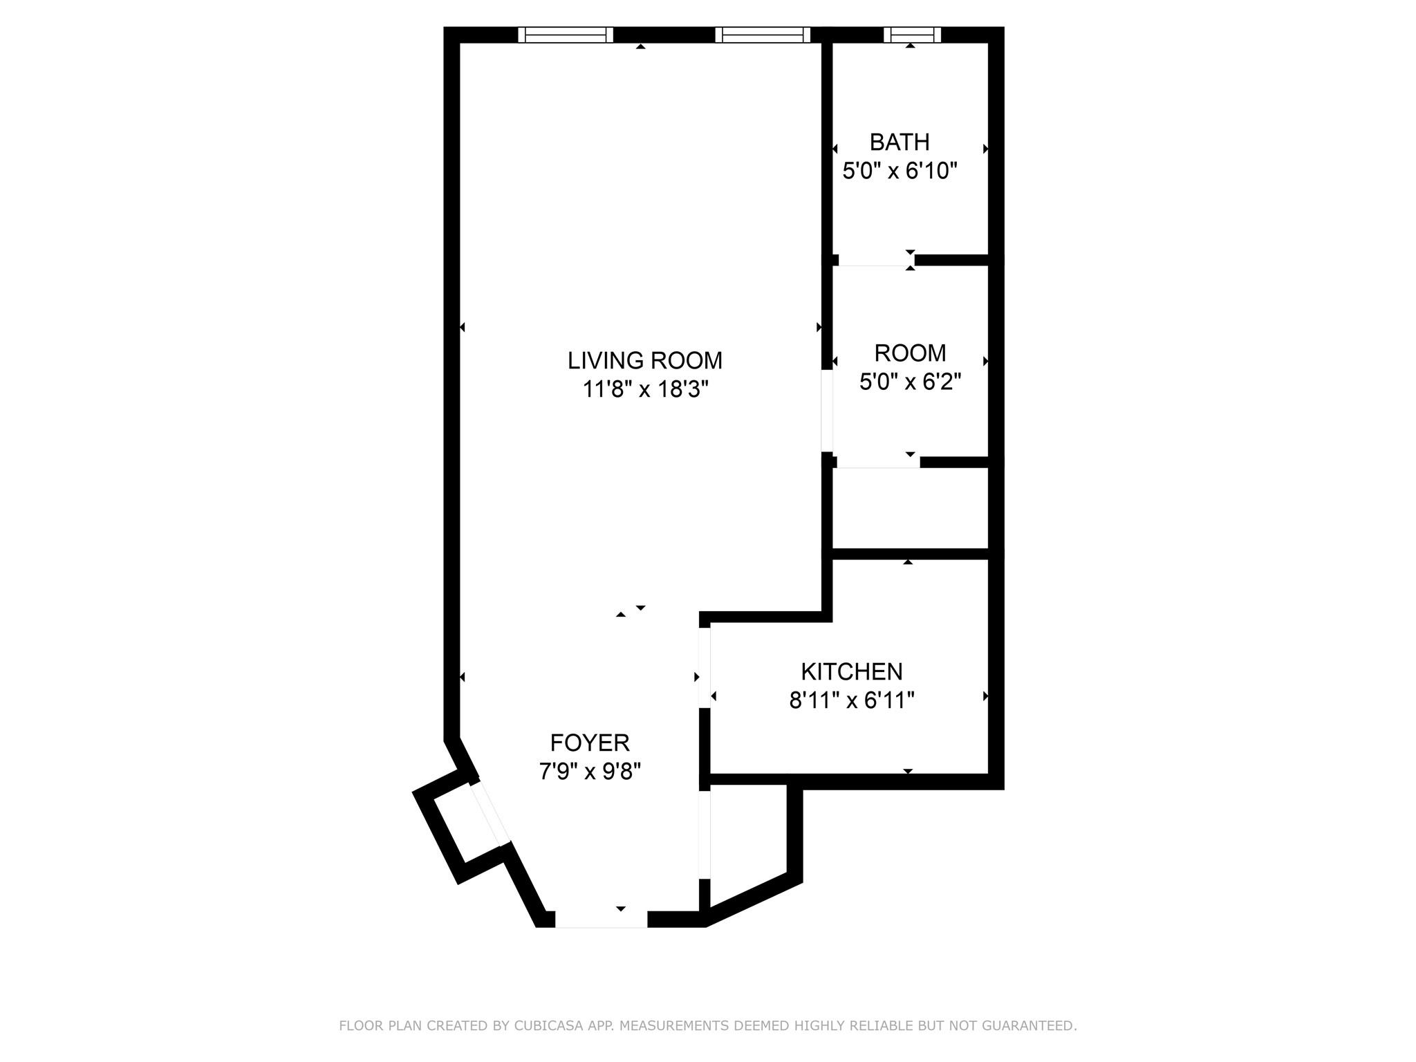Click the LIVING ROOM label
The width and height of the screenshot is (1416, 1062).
[x=644, y=360]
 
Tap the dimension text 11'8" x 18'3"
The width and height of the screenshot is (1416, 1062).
[x=646, y=390]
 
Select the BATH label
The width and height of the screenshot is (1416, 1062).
[x=899, y=142]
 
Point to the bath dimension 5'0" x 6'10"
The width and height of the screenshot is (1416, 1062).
[x=899, y=171]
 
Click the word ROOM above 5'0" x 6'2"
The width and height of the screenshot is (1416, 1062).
[x=910, y=353]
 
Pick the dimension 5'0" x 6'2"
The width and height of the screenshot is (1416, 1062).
[x=910, y=382]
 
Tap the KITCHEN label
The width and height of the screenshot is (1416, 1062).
[x=852, y=671]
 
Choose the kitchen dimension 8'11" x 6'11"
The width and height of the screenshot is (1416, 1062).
[x=852, y=701]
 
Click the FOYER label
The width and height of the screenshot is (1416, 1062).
[x=590, y=743]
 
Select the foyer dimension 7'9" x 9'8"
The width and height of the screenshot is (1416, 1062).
[x=590, y=772]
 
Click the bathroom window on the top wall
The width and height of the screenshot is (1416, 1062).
[x=913, y=35]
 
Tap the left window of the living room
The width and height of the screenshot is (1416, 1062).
[x=566, y=35]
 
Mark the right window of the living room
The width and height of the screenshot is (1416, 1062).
[x=763, y=35]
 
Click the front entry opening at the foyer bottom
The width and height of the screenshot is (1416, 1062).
[x=601, y=919]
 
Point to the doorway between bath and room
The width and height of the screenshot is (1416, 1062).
[x=876, y=261]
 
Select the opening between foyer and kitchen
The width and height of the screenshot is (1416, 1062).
[x=705, y=667]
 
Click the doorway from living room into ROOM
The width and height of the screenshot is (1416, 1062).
[x=826, y=411]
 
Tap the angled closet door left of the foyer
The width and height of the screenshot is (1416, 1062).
[x=490, y=814]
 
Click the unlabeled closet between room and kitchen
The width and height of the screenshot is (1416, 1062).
[x=909, y=510]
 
